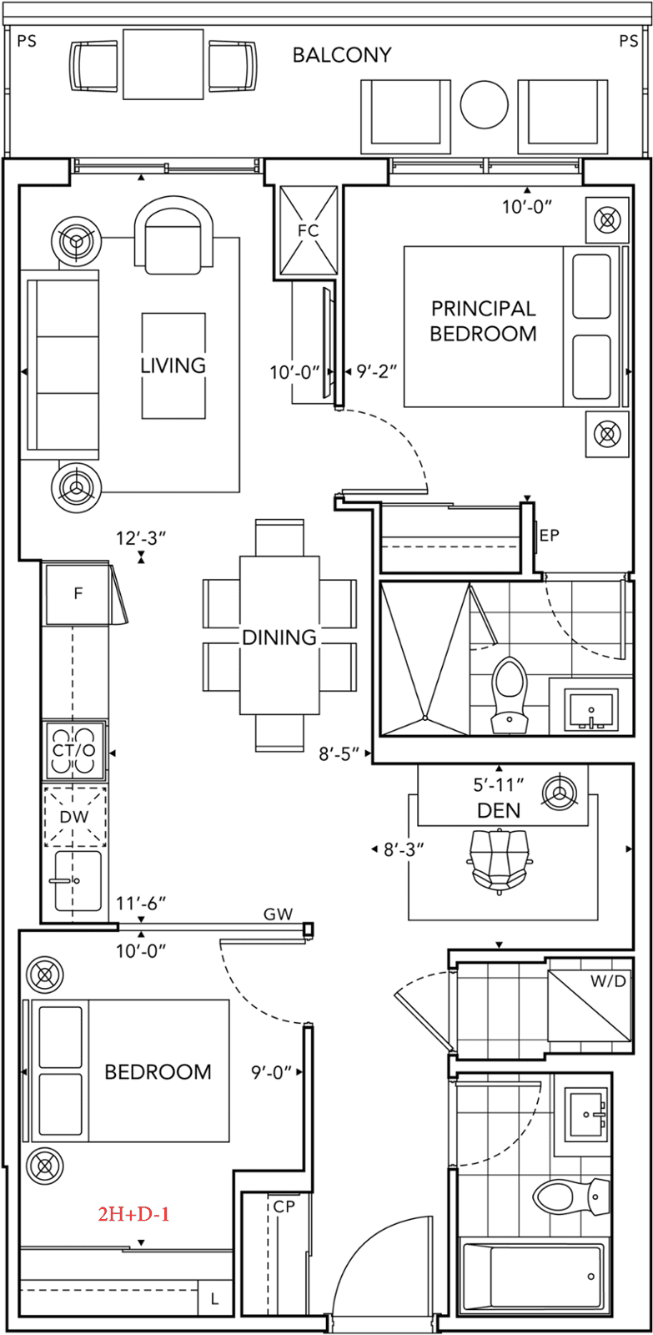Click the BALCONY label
341,56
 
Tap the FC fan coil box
308,229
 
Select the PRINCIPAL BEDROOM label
483,321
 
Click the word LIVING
173,365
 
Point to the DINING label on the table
279,637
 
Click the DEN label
499,809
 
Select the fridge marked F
78,594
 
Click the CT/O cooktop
75,750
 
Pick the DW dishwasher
74,816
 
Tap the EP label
549,536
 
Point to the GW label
278,914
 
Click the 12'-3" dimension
141,539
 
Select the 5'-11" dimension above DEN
499,783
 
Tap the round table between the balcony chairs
484,104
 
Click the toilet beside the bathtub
567,1198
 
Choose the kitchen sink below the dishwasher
77,880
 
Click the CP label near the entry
282,1207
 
